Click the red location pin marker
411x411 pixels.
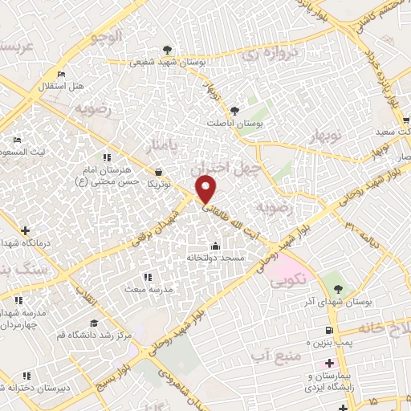pos(206,189)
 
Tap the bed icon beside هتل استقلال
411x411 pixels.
pos(62,75)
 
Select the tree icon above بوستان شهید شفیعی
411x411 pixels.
pos(167,50)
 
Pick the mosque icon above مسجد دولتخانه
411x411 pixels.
pos(214,246)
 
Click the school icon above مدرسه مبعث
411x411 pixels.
pos(147,277)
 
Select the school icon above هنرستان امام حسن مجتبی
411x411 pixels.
pos(105,157)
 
